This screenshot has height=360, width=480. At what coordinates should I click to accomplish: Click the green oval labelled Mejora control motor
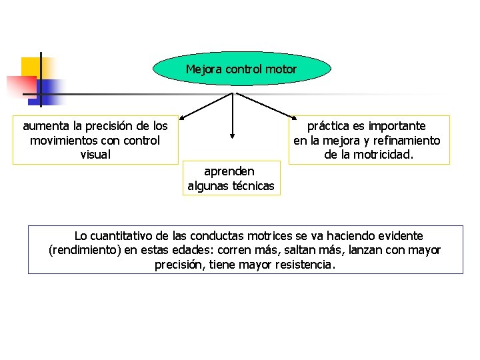pos(241,69)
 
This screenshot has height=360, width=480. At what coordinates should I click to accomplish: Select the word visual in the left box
pos(95,155)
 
